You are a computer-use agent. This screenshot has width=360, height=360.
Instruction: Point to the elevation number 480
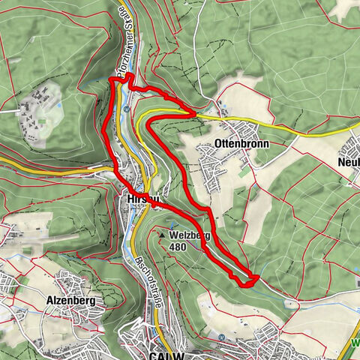pyautogui.click(x=178, y=246)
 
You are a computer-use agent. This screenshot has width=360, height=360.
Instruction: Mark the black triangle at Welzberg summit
pyautogui.click(x=161, y=235)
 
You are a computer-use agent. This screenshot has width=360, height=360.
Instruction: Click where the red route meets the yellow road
pyautogui.click(x=193, y=112)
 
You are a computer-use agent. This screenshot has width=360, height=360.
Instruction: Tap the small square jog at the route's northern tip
pyautogui.click(x=127, y=78)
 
